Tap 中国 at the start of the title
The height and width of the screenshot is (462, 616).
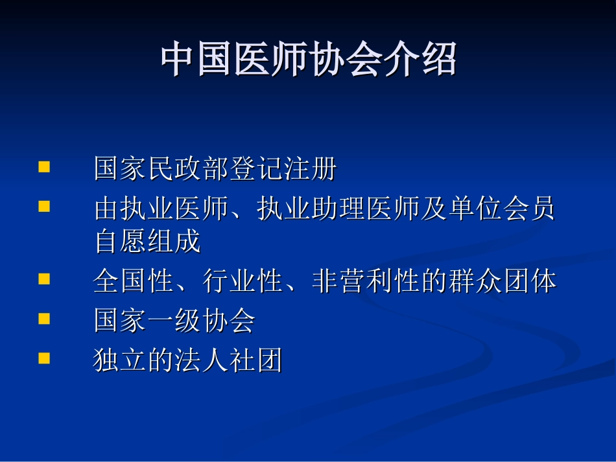point(197,60)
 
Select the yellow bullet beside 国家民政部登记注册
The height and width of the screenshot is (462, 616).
point(44,167)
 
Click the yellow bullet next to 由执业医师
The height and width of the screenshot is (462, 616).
point(44,207)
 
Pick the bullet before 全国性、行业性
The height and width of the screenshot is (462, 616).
point(44,279)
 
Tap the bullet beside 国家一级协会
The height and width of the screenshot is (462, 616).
point(44,319)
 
